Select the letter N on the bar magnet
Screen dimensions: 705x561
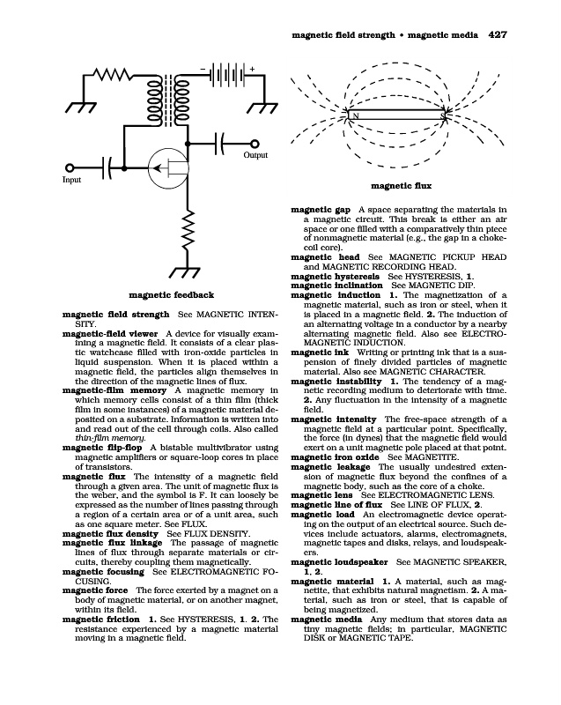coord(356,116)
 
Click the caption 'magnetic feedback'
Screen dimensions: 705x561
coord(172,294)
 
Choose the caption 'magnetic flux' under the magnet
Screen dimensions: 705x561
coord(401,186)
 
